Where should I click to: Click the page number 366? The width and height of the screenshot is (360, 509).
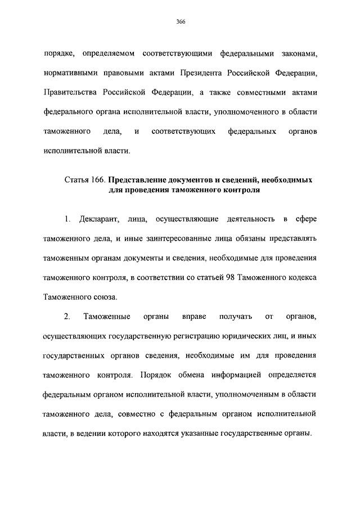180,22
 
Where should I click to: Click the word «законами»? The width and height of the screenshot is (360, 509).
299,55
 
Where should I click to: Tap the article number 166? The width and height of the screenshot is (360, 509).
97,181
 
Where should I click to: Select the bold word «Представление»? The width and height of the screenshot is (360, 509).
139,181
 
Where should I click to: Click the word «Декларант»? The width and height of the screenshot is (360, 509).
98,219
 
